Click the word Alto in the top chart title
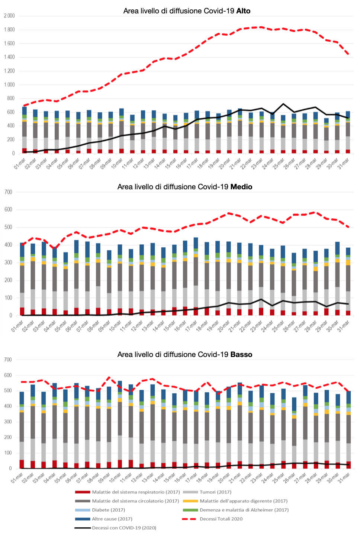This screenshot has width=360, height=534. pos(243,11)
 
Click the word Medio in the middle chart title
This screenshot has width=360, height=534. pos(241,187)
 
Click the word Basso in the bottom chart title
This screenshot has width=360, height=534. pos(241,354)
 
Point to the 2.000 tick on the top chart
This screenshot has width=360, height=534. pos(9,16)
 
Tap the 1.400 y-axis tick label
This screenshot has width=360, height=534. pos(9,57)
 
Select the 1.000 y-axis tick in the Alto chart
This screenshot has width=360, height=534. pos(9,85)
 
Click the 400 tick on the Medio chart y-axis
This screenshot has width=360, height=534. pos(8,245)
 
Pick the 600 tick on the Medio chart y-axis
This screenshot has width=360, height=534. pos(8,210)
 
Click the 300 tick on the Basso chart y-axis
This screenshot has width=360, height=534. pos(8,422)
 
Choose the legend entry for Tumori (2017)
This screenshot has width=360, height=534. pos(215,492)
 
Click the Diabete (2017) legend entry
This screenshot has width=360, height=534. pos(108,510)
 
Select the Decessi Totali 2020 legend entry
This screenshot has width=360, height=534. pos(221,519)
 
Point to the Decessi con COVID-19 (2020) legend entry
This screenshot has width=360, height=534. pos(124,528)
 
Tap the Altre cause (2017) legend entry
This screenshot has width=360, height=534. pos(112,519)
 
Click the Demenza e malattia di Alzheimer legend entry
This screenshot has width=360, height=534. pos(244,510)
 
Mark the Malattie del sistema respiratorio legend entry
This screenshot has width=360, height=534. pos(136,492)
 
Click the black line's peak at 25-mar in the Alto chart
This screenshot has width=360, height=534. pos(283,104)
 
